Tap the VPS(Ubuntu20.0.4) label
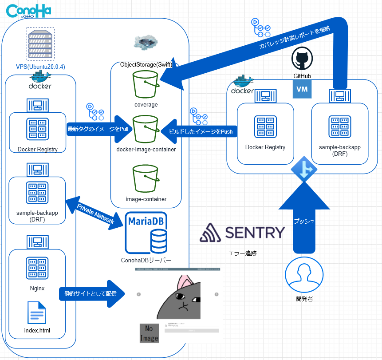pos(40,67)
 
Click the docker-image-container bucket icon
pos(146,129)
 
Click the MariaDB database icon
pos(147,233)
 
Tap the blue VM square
pos(302,89)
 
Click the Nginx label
pos(37,288)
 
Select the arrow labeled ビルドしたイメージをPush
pos(197,131)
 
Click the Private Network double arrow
pos(95,214)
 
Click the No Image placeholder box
pos(149,333)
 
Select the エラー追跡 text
pos(242,254)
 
